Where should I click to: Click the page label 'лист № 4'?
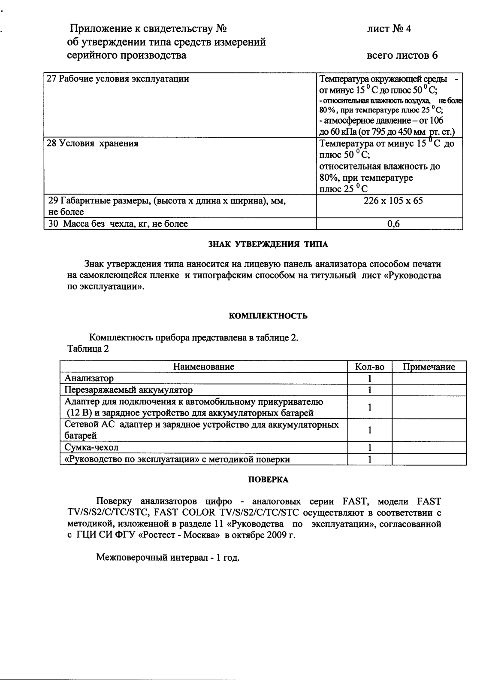pos(389,29)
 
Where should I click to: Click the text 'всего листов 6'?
pos(402,55)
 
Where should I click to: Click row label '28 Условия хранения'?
pos(92,143)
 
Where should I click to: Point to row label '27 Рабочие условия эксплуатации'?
pos(117,79)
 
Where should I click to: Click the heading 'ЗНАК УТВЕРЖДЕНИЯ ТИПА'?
pos(268,245)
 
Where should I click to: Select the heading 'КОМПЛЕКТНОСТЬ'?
pos(268,316)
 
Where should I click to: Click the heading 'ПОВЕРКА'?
pos(268,480)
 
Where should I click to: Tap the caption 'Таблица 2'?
pos(88,348)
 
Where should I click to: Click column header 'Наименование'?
pos(204,367)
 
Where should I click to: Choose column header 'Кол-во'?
pos(370,367)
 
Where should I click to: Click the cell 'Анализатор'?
pos(89,378)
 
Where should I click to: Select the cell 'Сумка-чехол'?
pos(91,447)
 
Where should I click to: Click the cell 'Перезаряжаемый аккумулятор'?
pos(128,390)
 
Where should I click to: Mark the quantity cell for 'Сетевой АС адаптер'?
pos(370,430)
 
